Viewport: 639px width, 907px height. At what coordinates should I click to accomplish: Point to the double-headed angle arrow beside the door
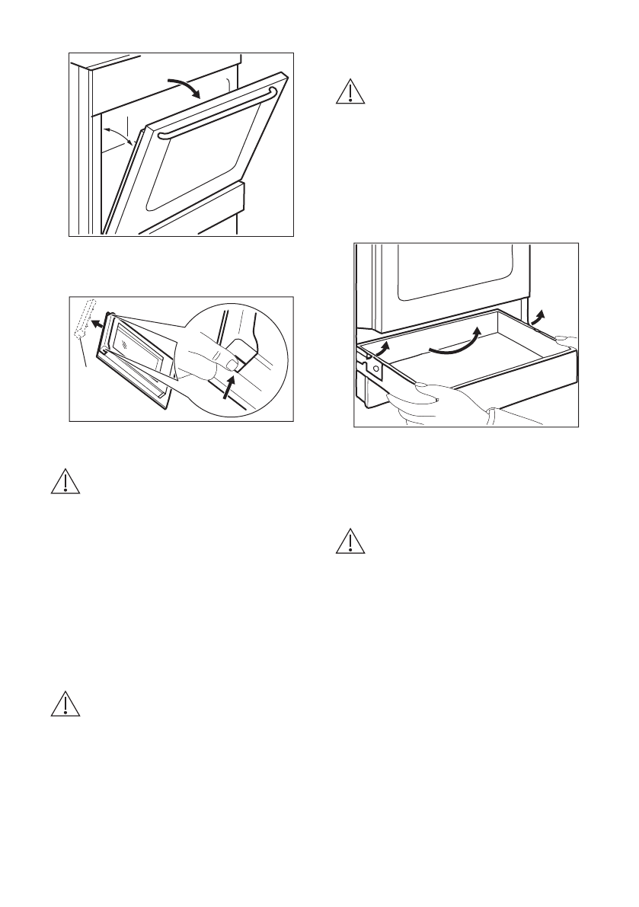[x=120, y=140]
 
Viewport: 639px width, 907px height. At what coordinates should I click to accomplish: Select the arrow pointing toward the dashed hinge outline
[x=97, y=322]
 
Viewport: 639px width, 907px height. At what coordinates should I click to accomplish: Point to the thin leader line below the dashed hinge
[x=85, y=356]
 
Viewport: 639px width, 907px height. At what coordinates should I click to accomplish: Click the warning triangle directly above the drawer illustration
[x=349, y=91]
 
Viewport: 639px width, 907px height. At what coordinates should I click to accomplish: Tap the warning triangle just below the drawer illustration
[x=349, y=540]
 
